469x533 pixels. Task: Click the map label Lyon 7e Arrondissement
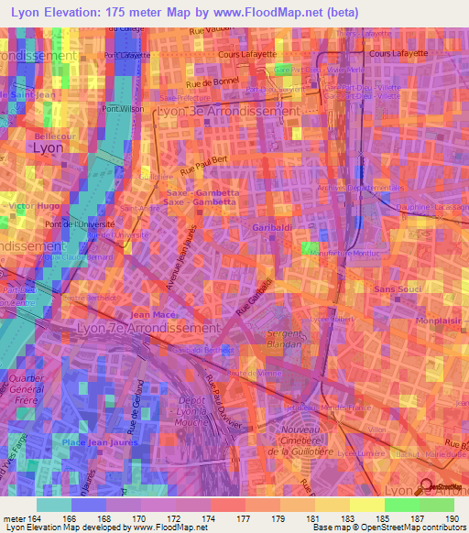coord(149,327)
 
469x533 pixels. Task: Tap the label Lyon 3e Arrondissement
coord(228,110)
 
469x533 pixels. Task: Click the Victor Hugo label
coord(27,207)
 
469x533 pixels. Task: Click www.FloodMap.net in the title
coord(276,11)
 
